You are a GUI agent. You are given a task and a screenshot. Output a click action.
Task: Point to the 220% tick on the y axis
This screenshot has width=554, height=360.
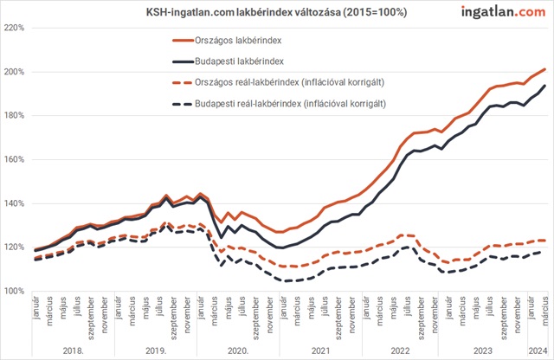[14, 28]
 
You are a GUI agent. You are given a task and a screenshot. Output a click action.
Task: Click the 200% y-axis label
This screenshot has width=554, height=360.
[14, 72]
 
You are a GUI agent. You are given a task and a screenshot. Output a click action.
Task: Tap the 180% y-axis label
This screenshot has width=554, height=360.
[14, 116]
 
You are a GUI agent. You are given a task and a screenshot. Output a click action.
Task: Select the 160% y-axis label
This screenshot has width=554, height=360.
[14, 160]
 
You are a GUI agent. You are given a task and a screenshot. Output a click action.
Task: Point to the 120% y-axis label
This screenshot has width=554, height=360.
[14, 247]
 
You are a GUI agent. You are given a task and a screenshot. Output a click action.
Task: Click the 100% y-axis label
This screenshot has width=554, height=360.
[14, 292]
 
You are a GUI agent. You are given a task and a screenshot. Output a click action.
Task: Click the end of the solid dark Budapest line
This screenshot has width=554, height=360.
[544, 86]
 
